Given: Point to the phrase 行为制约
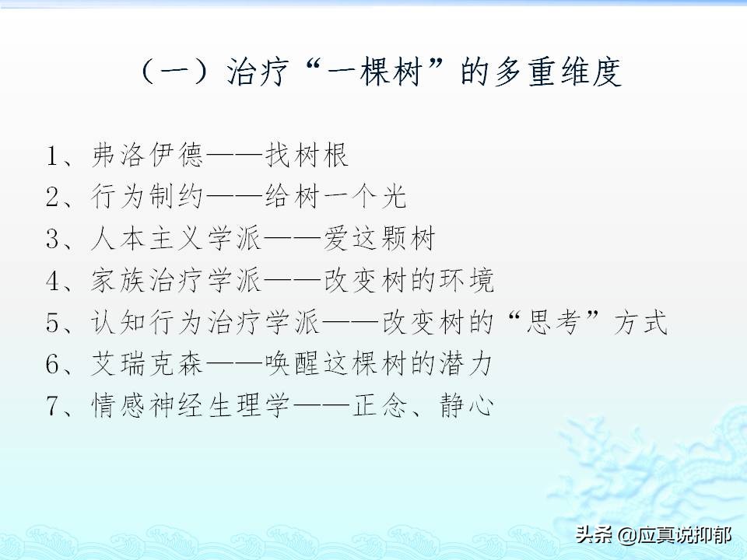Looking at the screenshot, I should click(x=147, y=198).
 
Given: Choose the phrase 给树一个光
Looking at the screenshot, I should click(x=335, y=198).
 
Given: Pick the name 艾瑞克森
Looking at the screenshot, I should click(x=147, y=364).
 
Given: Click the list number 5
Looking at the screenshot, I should click(x=54, y=323).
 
